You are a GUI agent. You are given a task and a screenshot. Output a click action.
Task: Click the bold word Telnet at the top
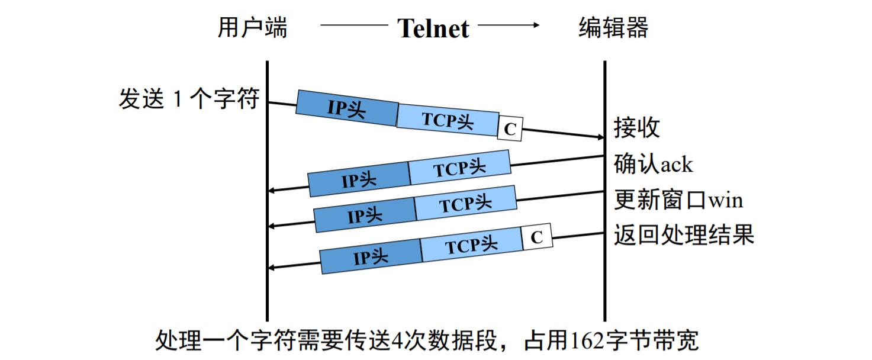click(x=433, y=28)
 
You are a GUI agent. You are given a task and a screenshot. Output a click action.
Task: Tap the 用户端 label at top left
click(x=253, y=27)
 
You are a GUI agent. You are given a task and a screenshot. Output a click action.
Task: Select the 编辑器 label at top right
click(x=613, y=27)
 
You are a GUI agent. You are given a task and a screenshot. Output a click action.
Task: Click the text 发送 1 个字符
click(x=189, y=98)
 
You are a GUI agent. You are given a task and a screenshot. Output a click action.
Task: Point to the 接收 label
click(x=637, y=127)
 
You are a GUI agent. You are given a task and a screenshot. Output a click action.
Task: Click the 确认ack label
click(x=653, y=164)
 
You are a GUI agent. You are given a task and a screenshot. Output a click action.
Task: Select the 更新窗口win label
click(x=678, y=200)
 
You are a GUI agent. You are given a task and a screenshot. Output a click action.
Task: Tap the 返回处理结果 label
click(x=684, y=235)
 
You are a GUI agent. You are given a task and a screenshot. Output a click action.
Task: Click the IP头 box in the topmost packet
click(x=346, y=108)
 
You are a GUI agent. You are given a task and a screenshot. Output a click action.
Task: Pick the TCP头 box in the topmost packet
click(x=448, y=120)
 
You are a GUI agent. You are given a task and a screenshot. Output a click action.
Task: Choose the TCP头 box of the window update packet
click(x=465, y=203)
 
